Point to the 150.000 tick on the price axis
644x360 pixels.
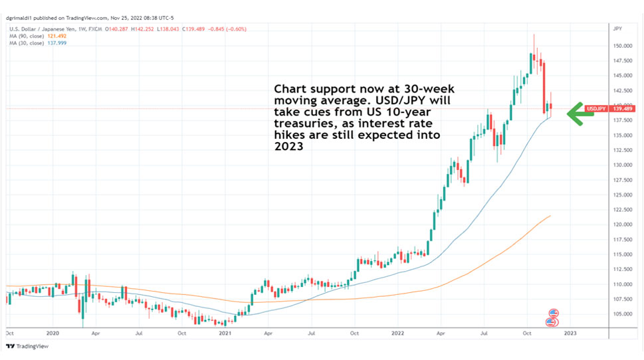(622, 46)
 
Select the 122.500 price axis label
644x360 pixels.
(622, 210)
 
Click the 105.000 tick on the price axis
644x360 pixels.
(622, 314)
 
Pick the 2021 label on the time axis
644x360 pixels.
(225, 333)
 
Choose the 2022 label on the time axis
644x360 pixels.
(397, 333)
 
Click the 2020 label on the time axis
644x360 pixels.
(53, 333)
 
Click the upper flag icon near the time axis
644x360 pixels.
(552, 314)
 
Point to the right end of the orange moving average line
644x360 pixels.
(551, 215)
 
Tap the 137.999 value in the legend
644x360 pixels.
(56, 43)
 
